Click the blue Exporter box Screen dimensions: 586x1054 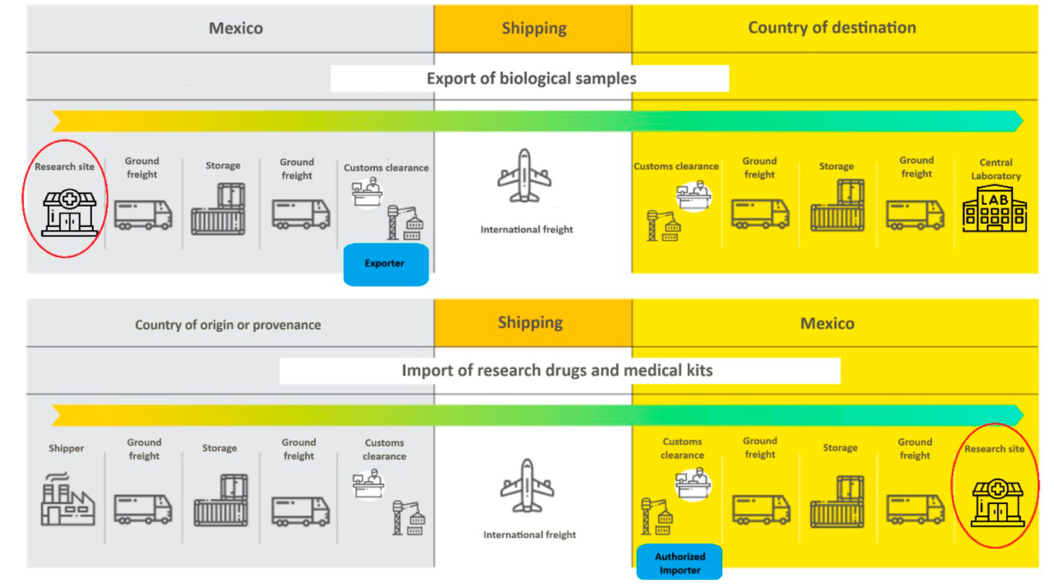point(385,264)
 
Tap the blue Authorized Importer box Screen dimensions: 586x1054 point(680,563)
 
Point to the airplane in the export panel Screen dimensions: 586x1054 point(525,177)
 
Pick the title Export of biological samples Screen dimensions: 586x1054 point(531,79)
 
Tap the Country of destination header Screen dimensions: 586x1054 point(832,28)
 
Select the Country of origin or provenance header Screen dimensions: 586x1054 point(228,325)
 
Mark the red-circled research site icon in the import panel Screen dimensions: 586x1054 point(997,502)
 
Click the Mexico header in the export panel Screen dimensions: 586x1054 point(235,29)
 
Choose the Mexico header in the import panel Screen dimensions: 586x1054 point(827,323)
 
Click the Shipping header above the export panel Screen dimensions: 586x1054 point(534,29)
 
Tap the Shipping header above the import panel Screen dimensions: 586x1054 point(530,323)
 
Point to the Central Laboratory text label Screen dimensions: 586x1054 point(995,169)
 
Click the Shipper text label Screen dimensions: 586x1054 point(66,449)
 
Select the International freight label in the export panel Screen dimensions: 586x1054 point(527,229)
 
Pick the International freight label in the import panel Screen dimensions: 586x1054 point(529,534)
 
